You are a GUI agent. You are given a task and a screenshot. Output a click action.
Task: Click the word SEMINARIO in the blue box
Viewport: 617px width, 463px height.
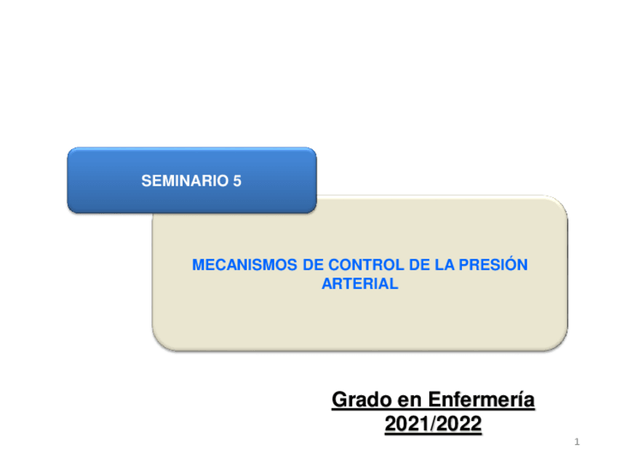[185, 181]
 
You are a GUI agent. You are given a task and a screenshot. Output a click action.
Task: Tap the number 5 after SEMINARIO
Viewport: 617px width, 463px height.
[237, 181]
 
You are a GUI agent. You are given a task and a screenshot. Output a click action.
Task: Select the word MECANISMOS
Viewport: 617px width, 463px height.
[244, 265]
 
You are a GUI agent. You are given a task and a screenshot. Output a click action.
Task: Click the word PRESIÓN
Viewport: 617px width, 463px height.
[493, 264]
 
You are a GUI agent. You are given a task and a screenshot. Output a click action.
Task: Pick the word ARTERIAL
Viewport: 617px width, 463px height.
[360, 284]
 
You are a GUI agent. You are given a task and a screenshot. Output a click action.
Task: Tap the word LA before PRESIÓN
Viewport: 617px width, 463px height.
[445, 265]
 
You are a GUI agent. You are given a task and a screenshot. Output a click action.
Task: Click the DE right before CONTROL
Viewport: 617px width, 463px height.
[313, 265]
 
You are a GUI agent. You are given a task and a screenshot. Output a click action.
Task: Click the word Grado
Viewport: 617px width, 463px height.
[362, 400]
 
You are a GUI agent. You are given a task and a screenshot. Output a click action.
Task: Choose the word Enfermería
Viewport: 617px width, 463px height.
[481, 400]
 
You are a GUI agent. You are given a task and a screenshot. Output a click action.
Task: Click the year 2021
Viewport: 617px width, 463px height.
[407, 424]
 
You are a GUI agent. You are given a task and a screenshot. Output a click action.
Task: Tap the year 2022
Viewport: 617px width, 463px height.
[459, 424]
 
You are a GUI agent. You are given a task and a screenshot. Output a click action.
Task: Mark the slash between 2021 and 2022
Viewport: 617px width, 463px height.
[433, 424]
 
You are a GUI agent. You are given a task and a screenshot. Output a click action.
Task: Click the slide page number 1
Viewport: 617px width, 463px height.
[577, 442]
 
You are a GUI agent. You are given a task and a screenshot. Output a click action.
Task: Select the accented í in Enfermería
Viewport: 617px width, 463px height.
[520, 400]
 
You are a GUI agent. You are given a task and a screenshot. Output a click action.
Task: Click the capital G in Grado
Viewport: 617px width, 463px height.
[340, 400]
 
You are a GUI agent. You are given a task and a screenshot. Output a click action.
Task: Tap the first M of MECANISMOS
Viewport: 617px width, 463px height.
[199, 265]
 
